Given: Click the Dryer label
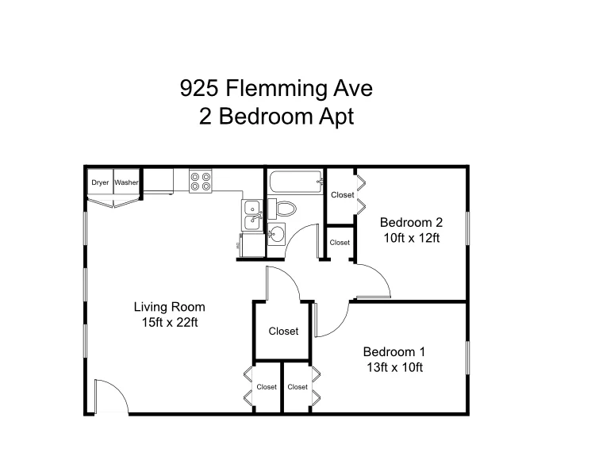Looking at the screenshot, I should coord(100,182).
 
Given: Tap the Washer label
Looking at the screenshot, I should coord(127,182).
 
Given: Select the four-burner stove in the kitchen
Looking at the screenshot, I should coord(202,182).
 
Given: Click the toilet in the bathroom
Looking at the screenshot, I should coord(286,209).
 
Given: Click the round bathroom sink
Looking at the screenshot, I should coord(276,234).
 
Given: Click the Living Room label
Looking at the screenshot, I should coord(169,307).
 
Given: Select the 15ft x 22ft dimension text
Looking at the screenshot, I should coord(169,322).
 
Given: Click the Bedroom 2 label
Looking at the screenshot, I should coord(410,222).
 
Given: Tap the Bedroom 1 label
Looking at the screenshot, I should coord(394,351).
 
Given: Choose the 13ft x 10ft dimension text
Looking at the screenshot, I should coord(394,366).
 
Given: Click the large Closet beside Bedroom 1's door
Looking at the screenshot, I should coord(283,331).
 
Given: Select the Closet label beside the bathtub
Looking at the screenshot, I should coord(342,195).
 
